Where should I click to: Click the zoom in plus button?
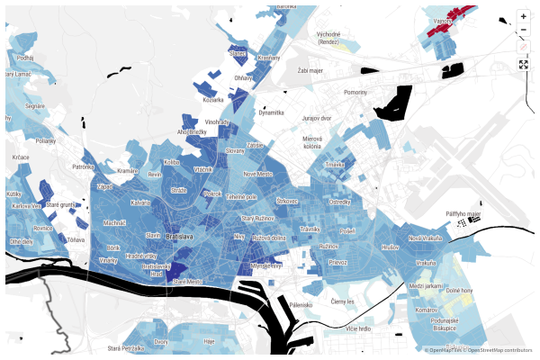pyautogui.click(x=523, y=16)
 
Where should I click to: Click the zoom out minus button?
pyautogui.click(x=523, y=30)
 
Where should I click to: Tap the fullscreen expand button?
pyautogui.click(x=523, y=65)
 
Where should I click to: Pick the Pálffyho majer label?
pyautogui.click(x=465, y=213)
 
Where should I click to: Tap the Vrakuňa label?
pyautogui.click(x=426, y=263)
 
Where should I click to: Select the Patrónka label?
pyautogui.click(x=83, y=166)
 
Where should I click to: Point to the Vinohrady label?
pyautogui.click(x=218, y=121)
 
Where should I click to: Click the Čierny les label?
pyautogui.click(x=344, y=301)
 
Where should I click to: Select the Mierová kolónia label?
pyautogui.click(x=312, y=142)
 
